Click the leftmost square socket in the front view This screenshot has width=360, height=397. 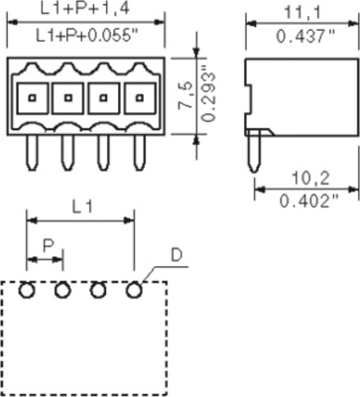click(x=32, y=98)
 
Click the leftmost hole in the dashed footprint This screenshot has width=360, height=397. click(x=28, y=290)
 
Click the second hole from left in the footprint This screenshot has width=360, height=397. click(x=62, y=290)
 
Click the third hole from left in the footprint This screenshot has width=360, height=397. click(x=98, y=290)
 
